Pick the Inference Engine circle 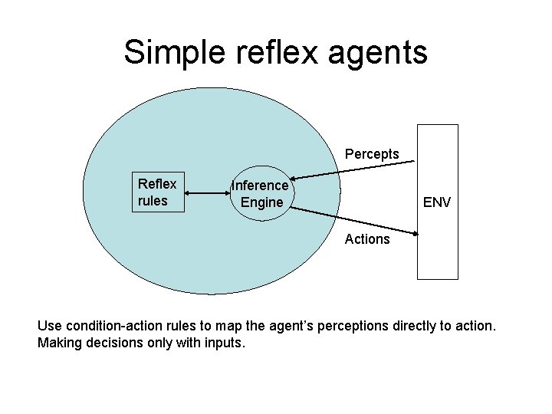coord(261,194)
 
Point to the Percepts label coord(372,154)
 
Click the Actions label coord(367,238)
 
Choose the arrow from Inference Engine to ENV coord(353,219)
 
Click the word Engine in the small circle coord(261,203)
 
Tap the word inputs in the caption coord(224,343)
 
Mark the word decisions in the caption coord(117,343)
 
